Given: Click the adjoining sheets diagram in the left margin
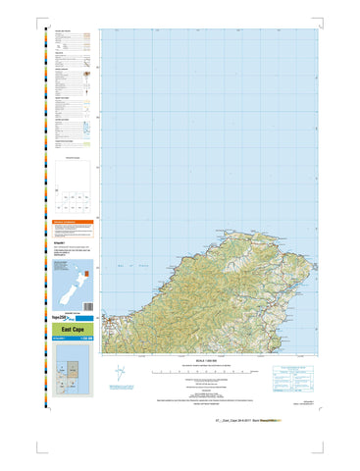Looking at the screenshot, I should pyautogui.click(x=76, y=186).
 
